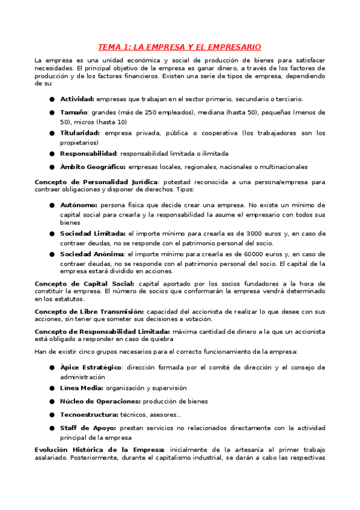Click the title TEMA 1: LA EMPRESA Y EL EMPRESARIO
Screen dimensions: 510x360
[180, 46]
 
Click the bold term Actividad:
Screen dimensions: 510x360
[77, 99]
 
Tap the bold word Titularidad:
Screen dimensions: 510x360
[80, 133]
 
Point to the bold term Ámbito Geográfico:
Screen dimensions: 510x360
[93, 167]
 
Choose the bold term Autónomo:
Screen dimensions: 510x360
[78, 205]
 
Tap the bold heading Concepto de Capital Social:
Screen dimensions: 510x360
[85, 283]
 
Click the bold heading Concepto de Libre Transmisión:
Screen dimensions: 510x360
[89, 312]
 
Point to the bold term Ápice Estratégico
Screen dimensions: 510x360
[91, 367]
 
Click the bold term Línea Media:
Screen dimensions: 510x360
[81, 388]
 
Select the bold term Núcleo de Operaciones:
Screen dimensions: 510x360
[100, 401]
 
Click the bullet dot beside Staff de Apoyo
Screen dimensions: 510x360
[53, 428]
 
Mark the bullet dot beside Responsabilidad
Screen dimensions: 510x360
[53, 154]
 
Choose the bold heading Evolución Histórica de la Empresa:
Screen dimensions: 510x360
[100, 449]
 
